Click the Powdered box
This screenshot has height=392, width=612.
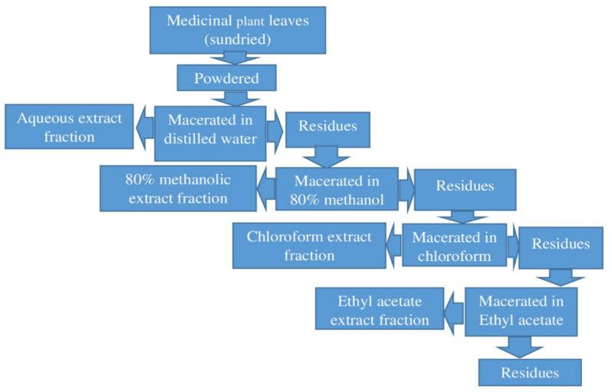click(226, 77)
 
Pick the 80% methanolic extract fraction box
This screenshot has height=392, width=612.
click(177, 189)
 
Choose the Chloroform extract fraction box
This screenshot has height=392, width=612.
click(309, 246)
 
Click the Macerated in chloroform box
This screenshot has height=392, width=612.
click(454, 245)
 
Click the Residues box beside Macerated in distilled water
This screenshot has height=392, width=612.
click(327, 127)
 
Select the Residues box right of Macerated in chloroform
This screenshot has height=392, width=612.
click(561, 246)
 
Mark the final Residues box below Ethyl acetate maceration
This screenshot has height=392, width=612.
click(529, 373)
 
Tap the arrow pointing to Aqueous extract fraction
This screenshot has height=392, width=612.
click(145, 129)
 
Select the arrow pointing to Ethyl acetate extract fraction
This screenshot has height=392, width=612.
click(455, 311)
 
